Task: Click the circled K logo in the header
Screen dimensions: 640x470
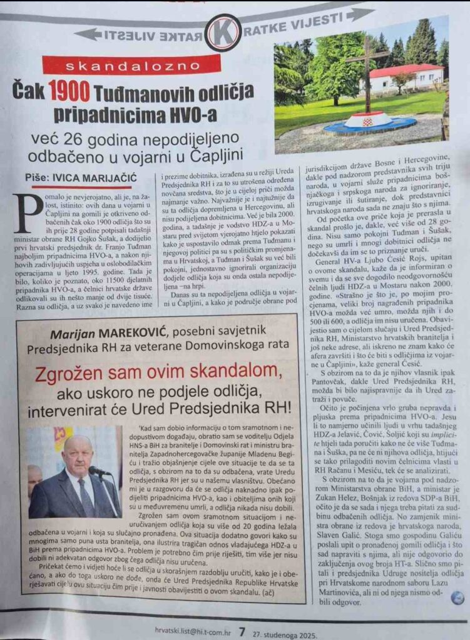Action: tap(223, 32)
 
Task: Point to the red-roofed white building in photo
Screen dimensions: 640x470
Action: tap(406, 77)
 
